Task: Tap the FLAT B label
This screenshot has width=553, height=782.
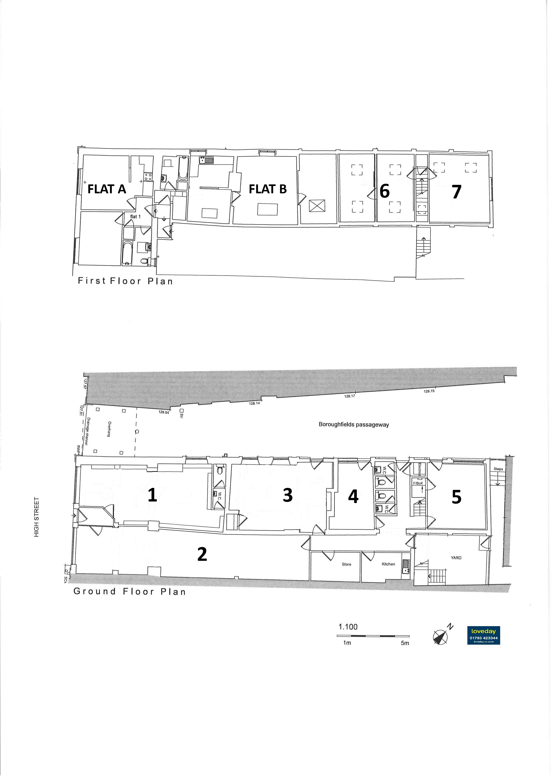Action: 268,189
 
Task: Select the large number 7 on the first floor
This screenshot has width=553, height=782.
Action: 457,192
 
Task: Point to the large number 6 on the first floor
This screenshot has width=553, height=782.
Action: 384,191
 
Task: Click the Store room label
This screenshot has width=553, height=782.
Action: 346,564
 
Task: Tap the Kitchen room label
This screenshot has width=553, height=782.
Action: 388,564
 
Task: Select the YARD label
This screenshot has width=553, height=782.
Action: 456,557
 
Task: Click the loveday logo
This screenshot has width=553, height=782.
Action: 483,635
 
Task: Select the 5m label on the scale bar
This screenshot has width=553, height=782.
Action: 405,643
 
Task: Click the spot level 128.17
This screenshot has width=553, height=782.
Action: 349,396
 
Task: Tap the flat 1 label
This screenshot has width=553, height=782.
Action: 135,217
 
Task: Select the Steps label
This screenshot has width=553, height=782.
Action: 498,469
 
